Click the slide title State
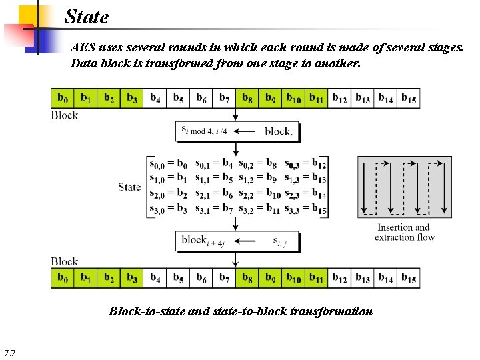(87, 17)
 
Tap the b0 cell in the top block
(63, 99)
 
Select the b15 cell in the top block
(409, 99)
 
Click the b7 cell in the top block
(224, 99)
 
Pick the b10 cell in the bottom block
(293, 277)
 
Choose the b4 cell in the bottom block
(155, 277)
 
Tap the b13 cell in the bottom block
(363, 277)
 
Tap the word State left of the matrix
(129, 187)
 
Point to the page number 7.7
(9, 352)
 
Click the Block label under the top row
(65, 115)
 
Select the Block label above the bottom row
(65, 261)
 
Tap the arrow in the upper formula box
(244, 131)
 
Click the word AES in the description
(83, 49)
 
